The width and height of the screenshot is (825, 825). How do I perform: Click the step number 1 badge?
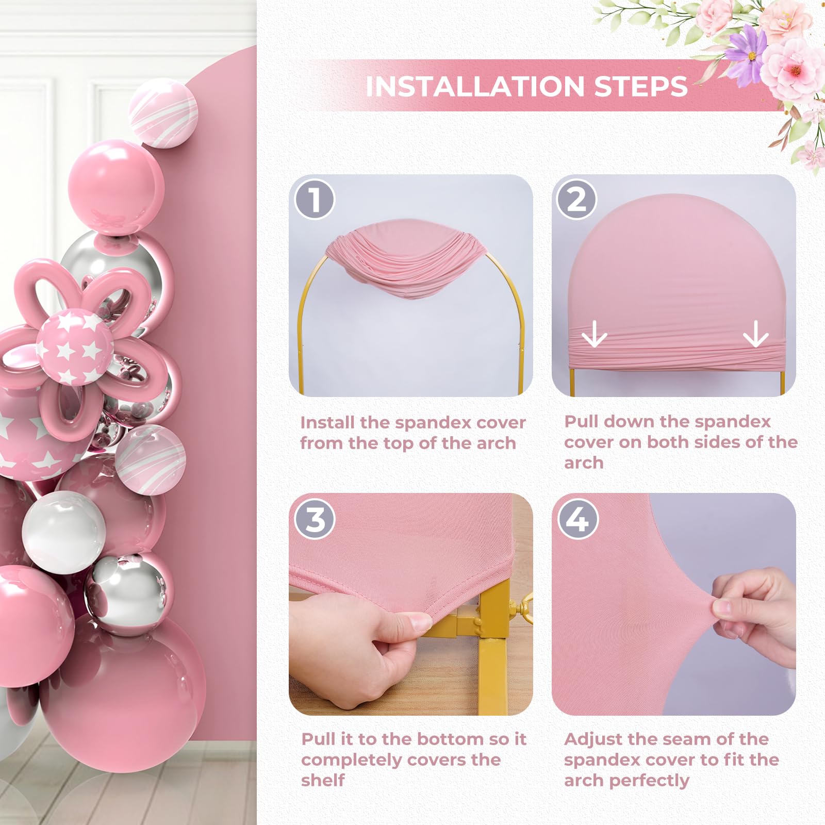315,199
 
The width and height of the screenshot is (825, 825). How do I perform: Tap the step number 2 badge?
577,199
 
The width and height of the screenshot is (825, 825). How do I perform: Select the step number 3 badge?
315,519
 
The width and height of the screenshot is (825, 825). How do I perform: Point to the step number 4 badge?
577,519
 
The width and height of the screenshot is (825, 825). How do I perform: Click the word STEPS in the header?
641,86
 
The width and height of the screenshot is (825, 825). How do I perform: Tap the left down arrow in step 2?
594,334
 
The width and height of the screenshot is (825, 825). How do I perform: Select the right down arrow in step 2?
756,334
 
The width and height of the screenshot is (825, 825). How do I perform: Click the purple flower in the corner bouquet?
748,52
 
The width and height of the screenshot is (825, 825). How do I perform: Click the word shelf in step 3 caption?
323,780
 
